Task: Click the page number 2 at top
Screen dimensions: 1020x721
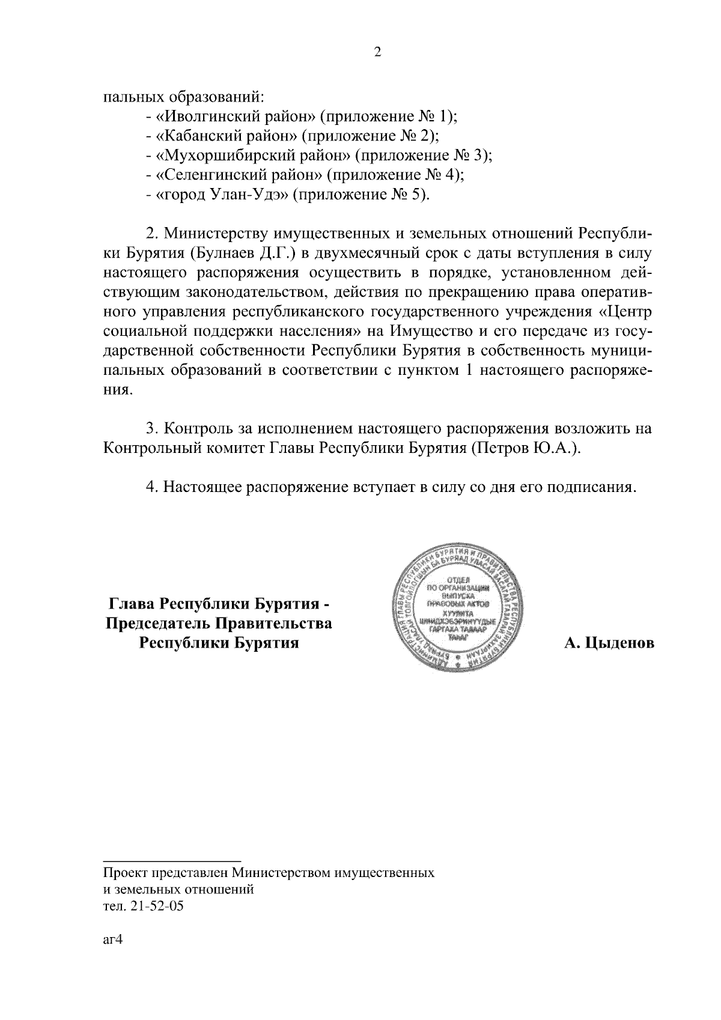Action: pos(377,52)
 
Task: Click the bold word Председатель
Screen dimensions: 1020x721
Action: pos(159,624)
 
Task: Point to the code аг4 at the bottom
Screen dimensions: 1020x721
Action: pos(112,940)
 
